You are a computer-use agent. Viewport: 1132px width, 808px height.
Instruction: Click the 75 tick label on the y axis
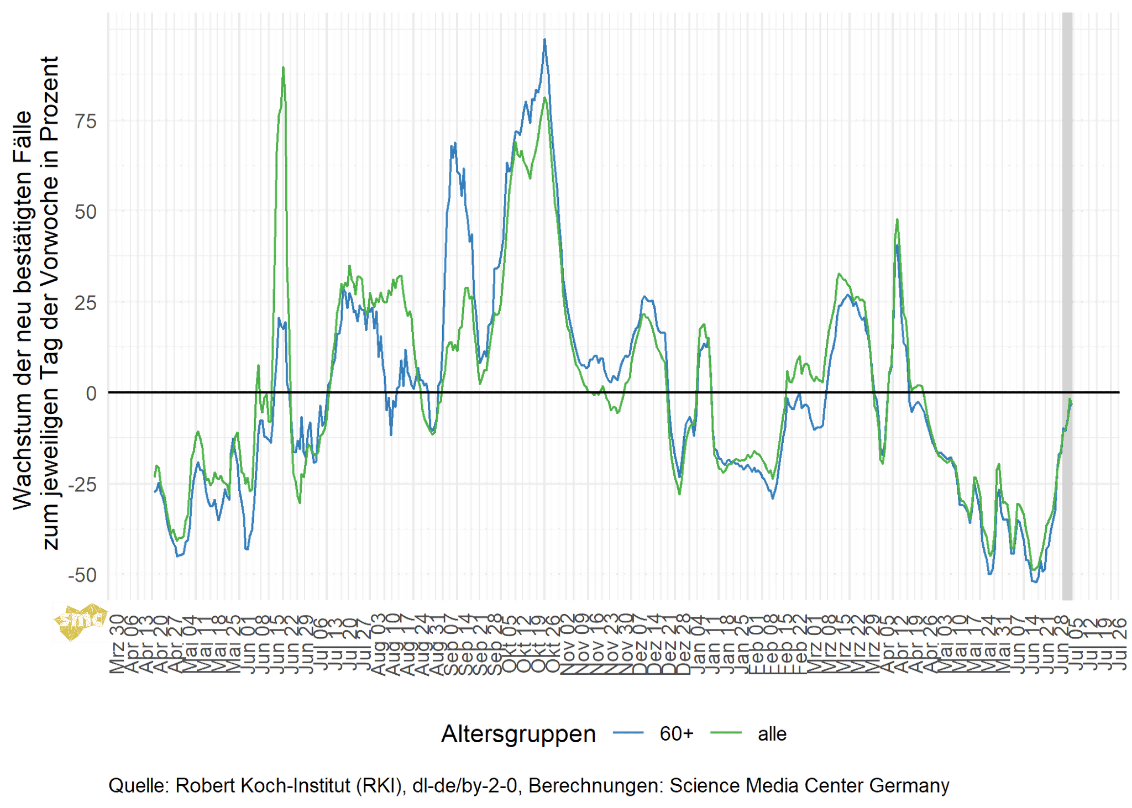coord(86,121)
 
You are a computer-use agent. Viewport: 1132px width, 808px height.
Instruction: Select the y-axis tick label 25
coord(86,303)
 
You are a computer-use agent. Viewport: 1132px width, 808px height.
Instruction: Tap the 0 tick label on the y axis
coord(92,393)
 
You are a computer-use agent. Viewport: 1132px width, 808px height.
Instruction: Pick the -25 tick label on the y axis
coord(83,484)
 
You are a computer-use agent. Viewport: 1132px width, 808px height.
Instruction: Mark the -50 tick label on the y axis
coord(83,575)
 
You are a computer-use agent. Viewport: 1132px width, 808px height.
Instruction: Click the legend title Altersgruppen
coord(518,734)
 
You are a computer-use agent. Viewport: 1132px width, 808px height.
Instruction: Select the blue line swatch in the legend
coord(628,733)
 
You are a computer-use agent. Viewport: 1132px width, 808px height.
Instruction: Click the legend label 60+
coord(676,734)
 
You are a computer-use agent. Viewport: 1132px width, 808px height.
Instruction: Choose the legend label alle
coord(772,734)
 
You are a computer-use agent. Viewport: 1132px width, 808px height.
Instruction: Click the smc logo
coord(80,621)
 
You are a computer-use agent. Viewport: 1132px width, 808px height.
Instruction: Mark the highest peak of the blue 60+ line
coord(545,40)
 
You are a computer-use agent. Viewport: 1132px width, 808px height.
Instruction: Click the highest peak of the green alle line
coord(284,68)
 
